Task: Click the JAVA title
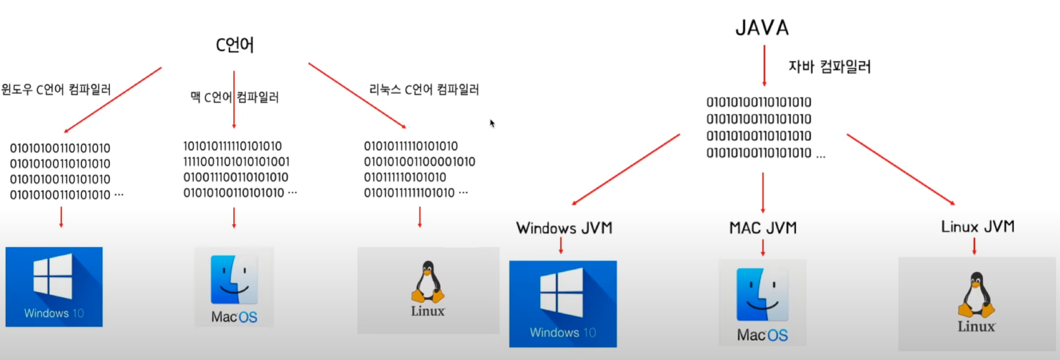762,28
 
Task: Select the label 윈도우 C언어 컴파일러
56,89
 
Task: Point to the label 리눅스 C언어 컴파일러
424,89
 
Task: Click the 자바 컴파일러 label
829,67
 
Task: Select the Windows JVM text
564,228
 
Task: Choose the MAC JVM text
763,228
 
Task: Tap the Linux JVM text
978,227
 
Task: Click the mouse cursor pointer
492,123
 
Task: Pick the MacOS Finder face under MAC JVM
762,295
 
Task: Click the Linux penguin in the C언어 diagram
428,282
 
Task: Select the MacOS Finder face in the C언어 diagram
234,280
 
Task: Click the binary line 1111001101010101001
236,162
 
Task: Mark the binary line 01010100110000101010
419,162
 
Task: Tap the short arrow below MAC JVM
763,247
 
